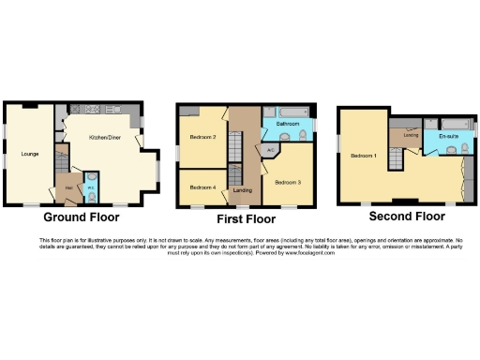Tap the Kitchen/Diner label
point(105,138)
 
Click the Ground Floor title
point(81,217)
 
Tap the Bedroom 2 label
point(203,138)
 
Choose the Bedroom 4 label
point(202,187)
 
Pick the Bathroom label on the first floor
point(287,124)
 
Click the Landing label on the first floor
point(243,191)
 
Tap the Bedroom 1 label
point(364,156)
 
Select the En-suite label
point(448,137)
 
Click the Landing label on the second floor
point(411,135)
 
